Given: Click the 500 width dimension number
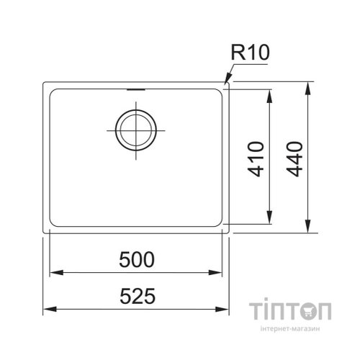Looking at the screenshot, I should pos(137,261).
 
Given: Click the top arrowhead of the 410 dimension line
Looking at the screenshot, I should pos(271,95).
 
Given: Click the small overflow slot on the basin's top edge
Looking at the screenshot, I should pos(135,91).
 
